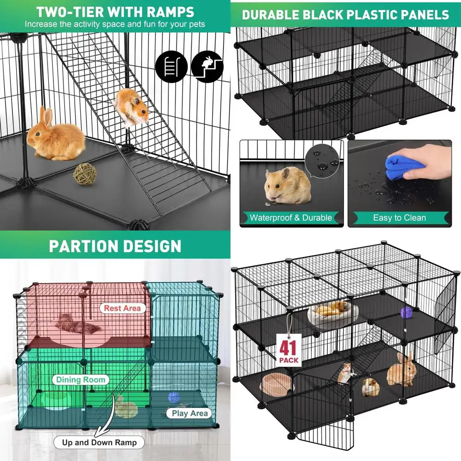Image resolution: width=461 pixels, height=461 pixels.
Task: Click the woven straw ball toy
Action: click(86, 174)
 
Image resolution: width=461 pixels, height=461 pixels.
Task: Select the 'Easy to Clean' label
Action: click(399, 218)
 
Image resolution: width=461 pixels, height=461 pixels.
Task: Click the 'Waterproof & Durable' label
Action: click(290, 218)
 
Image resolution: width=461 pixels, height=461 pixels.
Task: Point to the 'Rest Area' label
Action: click(122, 308)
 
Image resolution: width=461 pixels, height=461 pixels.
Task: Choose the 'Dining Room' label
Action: click(81, 380)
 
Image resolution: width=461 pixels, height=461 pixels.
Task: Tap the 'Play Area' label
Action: click(190, 413)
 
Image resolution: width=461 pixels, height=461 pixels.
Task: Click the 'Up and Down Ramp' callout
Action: click(100, 443)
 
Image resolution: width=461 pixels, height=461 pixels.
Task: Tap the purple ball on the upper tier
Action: click(406, 313)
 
